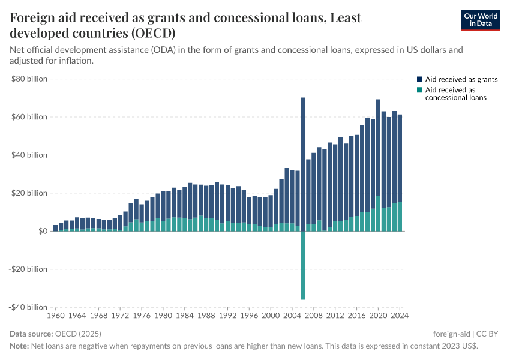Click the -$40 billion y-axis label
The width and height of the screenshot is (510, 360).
tap(28, 307)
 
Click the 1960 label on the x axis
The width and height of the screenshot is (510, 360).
tap(56, 315)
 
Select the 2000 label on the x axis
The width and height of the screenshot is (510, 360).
tap(271, 315)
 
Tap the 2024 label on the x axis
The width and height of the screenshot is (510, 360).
tap(400, 315)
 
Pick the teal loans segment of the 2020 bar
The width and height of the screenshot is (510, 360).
tap(378, 214)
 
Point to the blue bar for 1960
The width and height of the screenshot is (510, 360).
tap(56, 228)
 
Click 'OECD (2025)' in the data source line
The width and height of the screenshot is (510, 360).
tap(77, 334)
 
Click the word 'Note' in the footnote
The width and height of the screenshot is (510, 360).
tap(19, 346)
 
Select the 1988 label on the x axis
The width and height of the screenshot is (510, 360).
tap(206, 315)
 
